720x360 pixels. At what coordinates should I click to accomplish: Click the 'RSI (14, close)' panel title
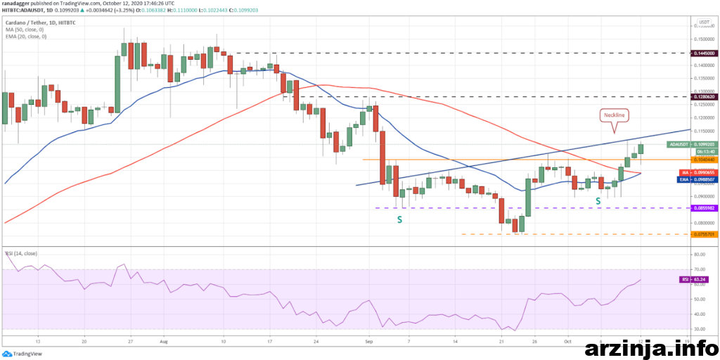point(21,252)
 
